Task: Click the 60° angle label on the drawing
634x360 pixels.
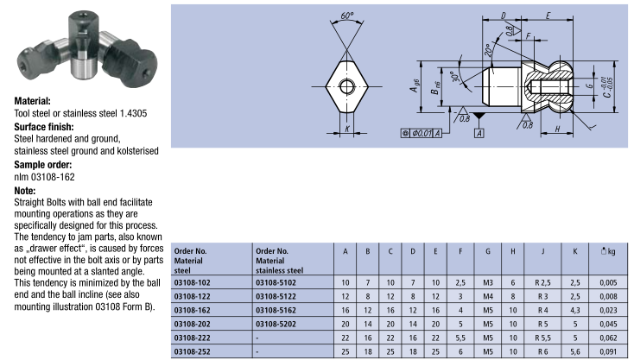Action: pyautogui.click(x=346, y=16)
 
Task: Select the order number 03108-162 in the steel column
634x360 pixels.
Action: pyautogui.click(x=192, y=310)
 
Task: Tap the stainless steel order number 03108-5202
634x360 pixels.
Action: pyautogui.click(x=276, y=324)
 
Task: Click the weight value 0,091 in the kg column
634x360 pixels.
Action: pyautogui.click(x=608, y=351)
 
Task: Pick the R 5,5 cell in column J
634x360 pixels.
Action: pyautogui.click(x=542, y=338)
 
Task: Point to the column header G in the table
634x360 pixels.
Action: pyautogui.click(x=488, y=251)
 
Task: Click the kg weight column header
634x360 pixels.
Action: pyautogui.click(x=608, y=251)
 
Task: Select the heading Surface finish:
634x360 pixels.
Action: pyautogui.click(x=44, y=127)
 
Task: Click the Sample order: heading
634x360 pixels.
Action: pyautogui.click(x=43, y=165)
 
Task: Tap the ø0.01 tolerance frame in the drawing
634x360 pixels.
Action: pyautogui.click(x=421, y=133)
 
